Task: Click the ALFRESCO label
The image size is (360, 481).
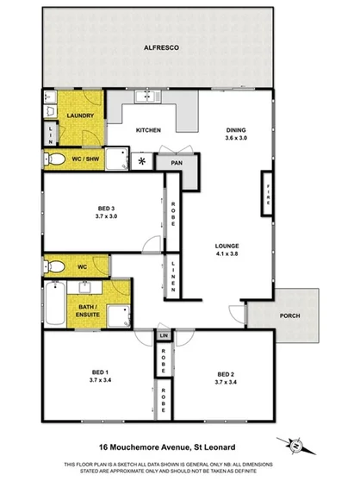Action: click(x=160, y=48)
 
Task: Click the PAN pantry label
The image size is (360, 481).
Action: click(x=177, y=161)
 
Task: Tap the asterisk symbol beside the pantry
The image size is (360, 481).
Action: click(x=142, y=160)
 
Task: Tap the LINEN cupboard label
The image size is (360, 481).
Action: click(x=175, y=276)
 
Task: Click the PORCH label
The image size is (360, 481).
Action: click(x=290, y=315)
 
